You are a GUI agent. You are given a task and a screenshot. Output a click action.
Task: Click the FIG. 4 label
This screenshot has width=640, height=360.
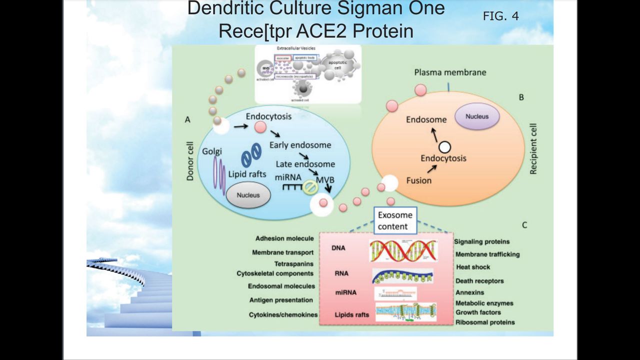pyautogui.click(x=500, y=16)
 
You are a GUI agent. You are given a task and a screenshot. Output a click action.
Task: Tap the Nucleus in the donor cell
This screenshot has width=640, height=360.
pyautogui.click(x=248, y=194)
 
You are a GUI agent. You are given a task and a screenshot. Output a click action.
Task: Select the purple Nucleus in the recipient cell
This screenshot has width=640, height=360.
pyautogui.click(x=476, y=116)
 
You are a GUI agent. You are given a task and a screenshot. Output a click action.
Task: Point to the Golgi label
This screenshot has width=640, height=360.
pyautogui.click(x=212, y=151)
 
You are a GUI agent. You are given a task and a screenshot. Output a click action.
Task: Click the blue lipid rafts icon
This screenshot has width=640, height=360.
pyautogui.click(x=251, y=155)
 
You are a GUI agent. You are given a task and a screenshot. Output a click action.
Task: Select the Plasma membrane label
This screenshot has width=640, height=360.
pyautogui.click(x=450, y=72)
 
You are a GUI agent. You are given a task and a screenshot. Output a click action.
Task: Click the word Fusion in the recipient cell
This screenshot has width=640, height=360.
pyautogui.click(x=418, y=180)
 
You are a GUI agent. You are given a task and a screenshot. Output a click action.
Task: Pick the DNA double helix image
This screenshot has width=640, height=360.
pyautogui.click(x=403, y=250)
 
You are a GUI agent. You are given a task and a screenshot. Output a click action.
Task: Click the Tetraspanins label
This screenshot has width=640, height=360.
pyautogui.click(x=293, y=263)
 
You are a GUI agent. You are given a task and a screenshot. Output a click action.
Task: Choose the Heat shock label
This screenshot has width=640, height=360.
pyautogui.click(x=473, y=267)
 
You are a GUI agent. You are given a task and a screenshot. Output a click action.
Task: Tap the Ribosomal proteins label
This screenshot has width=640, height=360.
pyautogui.click(x=484, y=322)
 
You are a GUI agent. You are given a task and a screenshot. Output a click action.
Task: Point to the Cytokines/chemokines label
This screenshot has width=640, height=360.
pyautogui.click(x=283, y=315)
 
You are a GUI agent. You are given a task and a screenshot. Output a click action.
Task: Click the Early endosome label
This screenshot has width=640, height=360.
pyautogui.click(x=300, y=145)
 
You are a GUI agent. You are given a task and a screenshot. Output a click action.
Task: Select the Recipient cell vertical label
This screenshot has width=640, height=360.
pyautogui.click(x=533, y=149)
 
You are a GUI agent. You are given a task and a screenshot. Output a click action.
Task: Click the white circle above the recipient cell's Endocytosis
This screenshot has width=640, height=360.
pyautogui.click(x=444, y=147)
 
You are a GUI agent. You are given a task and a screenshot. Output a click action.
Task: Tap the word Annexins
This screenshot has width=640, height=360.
pyautogui.click(x=469, y=292)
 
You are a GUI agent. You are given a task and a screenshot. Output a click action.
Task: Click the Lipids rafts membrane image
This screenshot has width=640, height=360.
pyautogui.click(x=406, y=312)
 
